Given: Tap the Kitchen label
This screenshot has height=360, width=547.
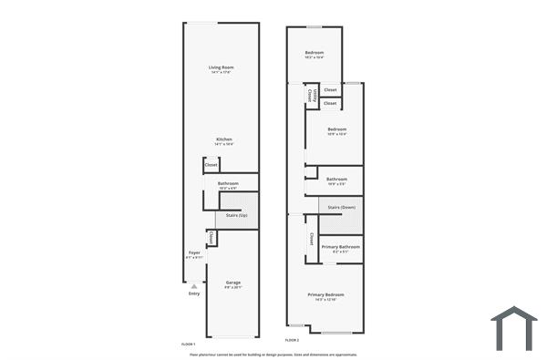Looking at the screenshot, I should (223, 139).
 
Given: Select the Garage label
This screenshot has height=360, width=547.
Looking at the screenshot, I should (233, 283).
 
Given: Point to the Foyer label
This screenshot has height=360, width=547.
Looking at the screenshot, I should (194, 252).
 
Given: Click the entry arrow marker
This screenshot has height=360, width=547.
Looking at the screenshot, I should (193, 285).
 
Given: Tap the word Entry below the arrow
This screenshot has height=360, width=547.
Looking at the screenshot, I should (194, 293).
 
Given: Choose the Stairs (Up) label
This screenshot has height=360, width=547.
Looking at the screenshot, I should (237, 215).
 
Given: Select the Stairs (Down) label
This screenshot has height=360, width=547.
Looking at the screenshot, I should (341, 208).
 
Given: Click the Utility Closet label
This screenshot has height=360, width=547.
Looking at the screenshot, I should (311, 94).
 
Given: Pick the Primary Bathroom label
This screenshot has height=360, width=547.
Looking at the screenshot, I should (340, 247).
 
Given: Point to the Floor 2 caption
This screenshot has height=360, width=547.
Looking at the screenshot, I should (292, 341).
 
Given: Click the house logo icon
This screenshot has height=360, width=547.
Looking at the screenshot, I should (513, 328).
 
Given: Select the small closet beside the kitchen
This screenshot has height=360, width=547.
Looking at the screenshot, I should (211, 165).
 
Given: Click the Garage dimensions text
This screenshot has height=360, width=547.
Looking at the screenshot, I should (233, 288).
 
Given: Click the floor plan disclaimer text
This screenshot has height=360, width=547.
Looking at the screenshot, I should (273, 354).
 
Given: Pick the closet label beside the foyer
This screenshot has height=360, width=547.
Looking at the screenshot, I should (212, 238).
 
